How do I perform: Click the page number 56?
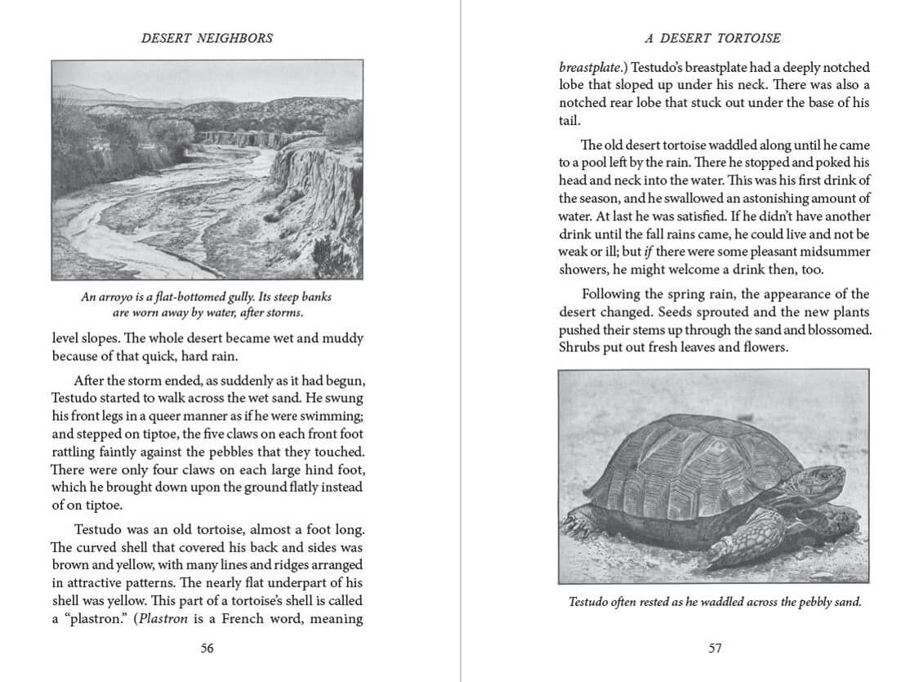coord(207,648)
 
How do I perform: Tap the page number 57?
coord(715,648)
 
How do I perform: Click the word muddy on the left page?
coord(341,338)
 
